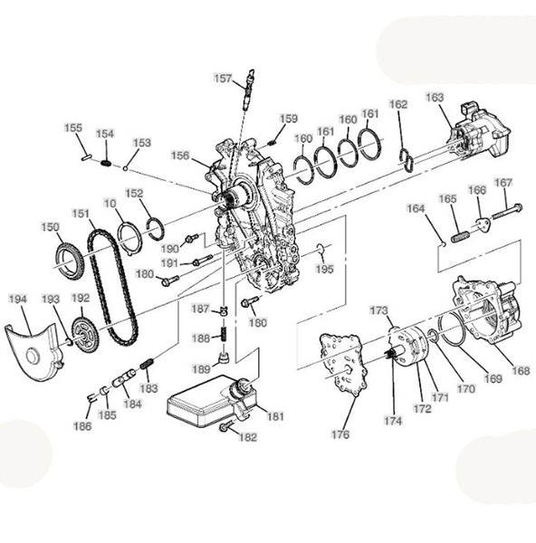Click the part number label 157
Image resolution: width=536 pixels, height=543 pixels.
pos(223,79)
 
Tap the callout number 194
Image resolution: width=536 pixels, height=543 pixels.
pos(18,299)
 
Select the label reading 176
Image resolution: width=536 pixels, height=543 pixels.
pos(340,434)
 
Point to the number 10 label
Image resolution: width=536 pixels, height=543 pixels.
pos(110,204)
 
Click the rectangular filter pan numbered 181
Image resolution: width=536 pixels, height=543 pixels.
pos(208,402)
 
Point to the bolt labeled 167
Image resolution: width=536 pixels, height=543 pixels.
pos(507,212)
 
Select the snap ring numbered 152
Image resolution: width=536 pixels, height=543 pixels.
pos(156,229)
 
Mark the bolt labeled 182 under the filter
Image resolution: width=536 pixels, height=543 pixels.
pos(224,428)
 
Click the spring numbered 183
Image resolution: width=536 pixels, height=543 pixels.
pos(147,364)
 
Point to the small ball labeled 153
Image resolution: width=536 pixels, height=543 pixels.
pos(126,168)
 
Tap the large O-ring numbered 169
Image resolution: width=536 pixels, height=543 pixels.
pos(452,329)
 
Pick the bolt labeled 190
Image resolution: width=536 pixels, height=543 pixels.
pos(192,238)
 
